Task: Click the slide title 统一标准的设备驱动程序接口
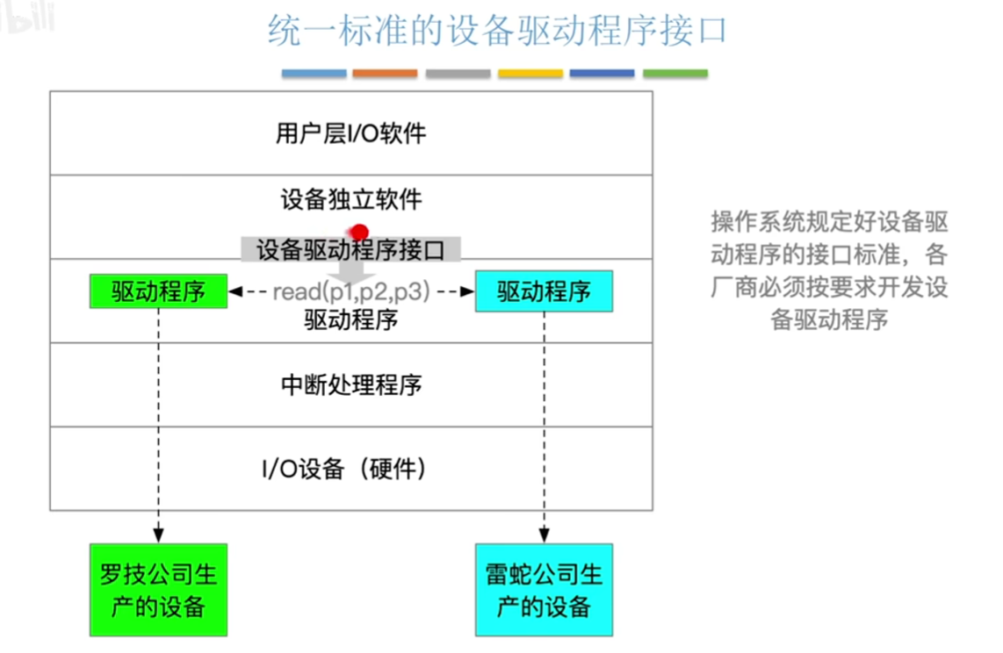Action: tap(497, 30)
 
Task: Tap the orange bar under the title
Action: tap(385, 74)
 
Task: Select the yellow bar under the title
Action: tap(530, 74)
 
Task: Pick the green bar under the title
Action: tap(675, 74)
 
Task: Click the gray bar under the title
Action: tap(458, 74)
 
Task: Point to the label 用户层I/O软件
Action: tap(351, 133)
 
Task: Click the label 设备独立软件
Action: tap(351, 199)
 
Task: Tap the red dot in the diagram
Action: tap(359, 232)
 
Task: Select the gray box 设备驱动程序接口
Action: tap(350, 249)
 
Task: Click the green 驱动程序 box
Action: tap(159, 291)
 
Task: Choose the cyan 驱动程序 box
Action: tap(544, 291)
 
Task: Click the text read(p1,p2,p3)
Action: tap(351, 291)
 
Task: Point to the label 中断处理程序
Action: tap(351, 384)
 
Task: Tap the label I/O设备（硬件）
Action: tap(343, 469)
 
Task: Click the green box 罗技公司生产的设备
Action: tap(159, 590)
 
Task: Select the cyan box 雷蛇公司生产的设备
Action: tap(544, 590)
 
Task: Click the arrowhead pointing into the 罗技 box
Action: tap(159, 535)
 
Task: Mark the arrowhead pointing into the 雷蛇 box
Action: tap(544, 535)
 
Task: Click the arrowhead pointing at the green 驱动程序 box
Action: tap(235, 291)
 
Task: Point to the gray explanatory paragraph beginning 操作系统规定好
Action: tap(829, 270)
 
